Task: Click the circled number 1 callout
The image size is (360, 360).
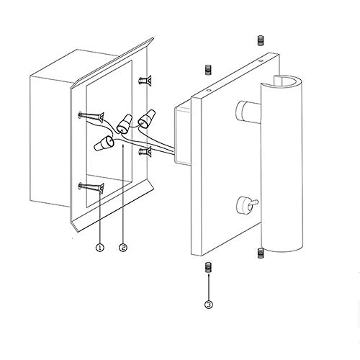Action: (100, 248)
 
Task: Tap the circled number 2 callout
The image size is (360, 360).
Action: (123, 248)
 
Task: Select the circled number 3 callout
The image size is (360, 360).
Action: (209, 305)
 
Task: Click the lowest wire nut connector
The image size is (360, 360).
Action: (104, 143)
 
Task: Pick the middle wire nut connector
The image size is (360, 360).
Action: (125, 125)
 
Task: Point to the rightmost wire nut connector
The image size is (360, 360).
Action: (147, 118)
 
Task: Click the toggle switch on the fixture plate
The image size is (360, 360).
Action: (247, 204)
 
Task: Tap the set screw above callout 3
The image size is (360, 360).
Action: (209, 267)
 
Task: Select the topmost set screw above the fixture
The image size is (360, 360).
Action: (260, 40)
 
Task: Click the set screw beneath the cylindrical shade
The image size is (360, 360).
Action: (260, 253)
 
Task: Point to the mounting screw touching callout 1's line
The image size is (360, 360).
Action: (91, 187)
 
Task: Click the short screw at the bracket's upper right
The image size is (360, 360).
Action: (145, 80)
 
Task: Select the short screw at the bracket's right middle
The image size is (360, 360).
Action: (145, 151)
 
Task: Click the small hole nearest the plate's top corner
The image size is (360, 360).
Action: (261, 61)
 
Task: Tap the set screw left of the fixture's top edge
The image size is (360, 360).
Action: (209, 70)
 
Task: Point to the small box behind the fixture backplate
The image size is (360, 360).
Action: (183, 135)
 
